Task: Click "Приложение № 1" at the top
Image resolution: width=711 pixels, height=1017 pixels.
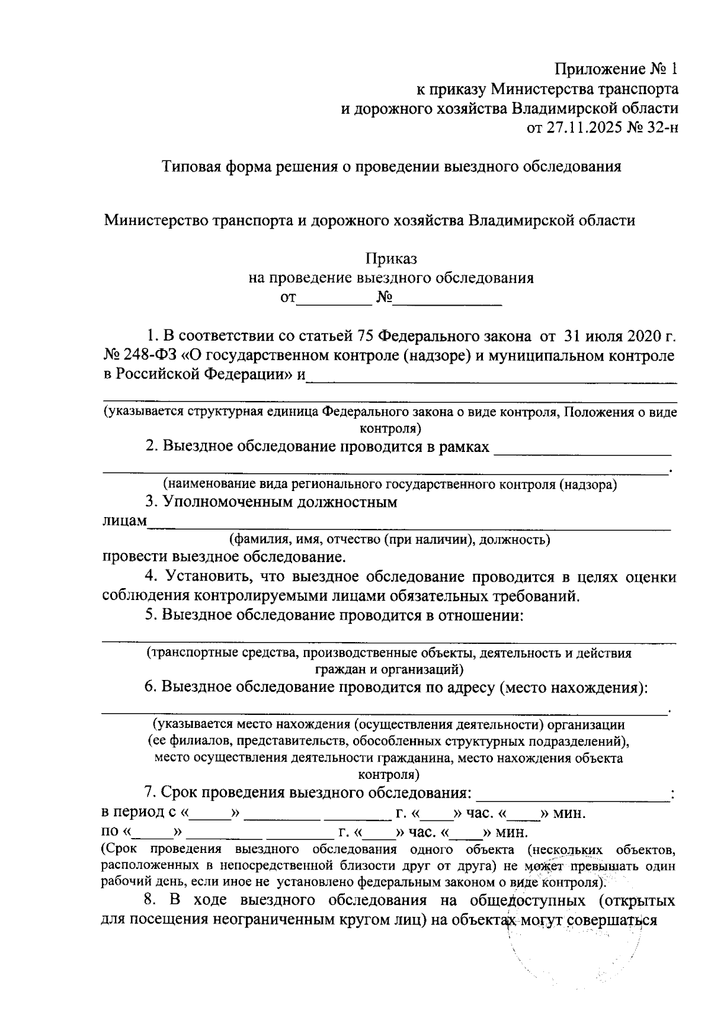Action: click(615, 69)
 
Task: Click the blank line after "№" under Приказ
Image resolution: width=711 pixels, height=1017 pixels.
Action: click(447, 300)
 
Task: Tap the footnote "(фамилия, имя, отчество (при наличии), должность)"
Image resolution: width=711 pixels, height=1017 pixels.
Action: click(390, 540)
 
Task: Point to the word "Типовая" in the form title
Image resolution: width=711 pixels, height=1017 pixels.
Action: click(191, 166)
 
